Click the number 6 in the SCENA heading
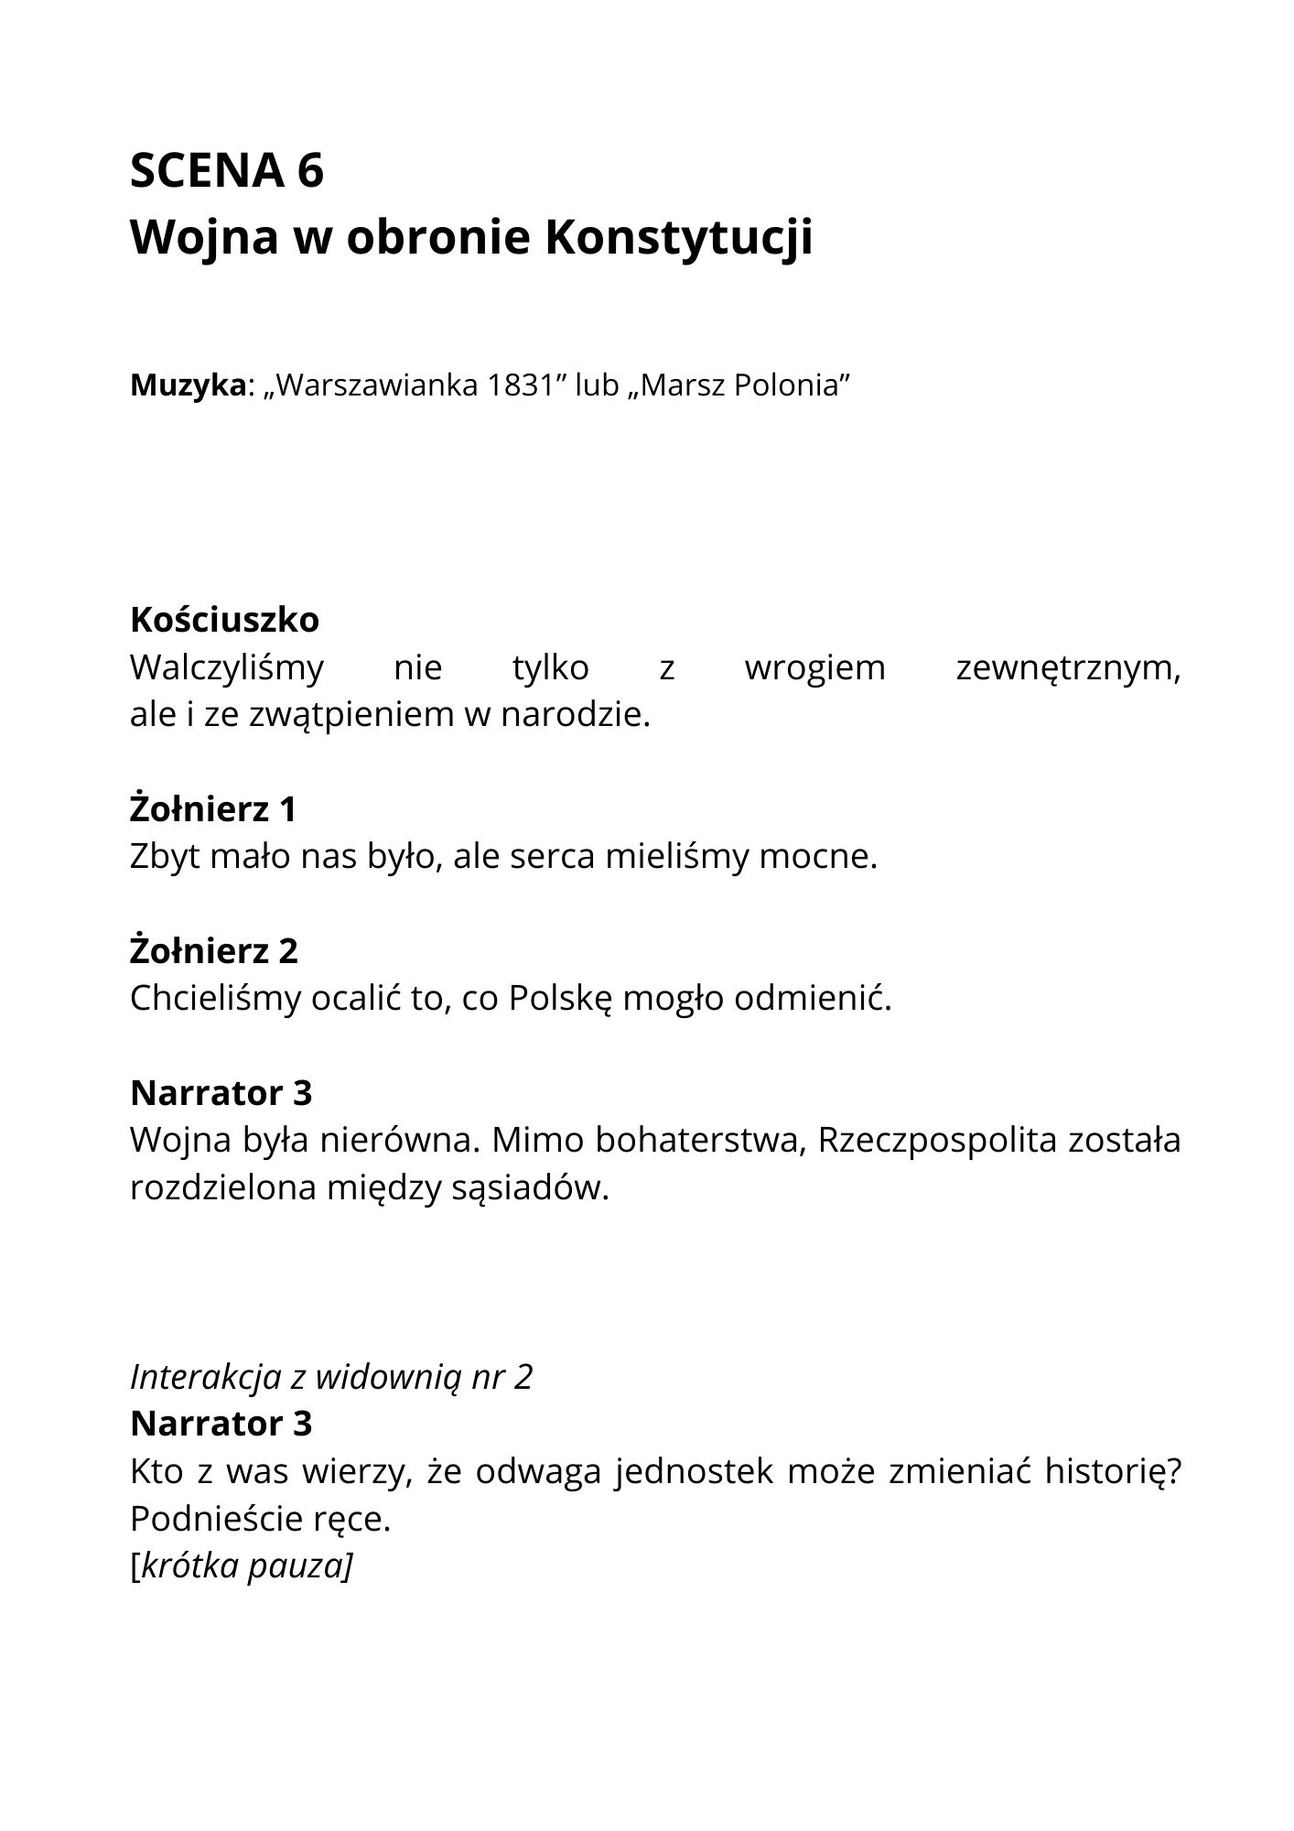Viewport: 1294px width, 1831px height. coord(310,170)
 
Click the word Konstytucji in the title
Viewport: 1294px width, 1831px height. coord(678,238)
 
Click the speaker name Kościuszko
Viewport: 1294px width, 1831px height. coord(224,620)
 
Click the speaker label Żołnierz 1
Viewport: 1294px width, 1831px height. coord(213,809)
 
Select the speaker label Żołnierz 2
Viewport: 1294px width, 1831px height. coord(214,950)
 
